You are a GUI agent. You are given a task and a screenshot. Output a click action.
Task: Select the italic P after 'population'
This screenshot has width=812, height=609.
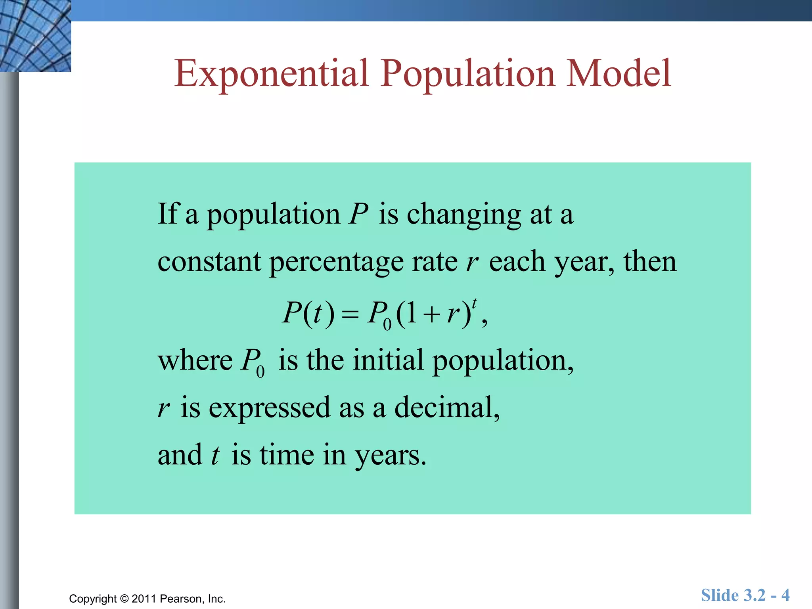pyautogui.click(x=358, y=214)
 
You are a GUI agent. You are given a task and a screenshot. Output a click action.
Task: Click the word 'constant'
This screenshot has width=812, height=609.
pyautogui.click(x=209, y=262)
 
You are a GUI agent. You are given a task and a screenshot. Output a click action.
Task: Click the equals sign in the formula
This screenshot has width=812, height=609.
pyautogui.click(x=350, y=315)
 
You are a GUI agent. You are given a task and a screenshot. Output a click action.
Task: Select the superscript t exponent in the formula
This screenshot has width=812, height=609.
pyautogui.click(x=475, y=303)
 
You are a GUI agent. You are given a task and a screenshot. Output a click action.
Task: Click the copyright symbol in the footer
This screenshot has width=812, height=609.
pyautogui.click(x=124, y=599)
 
